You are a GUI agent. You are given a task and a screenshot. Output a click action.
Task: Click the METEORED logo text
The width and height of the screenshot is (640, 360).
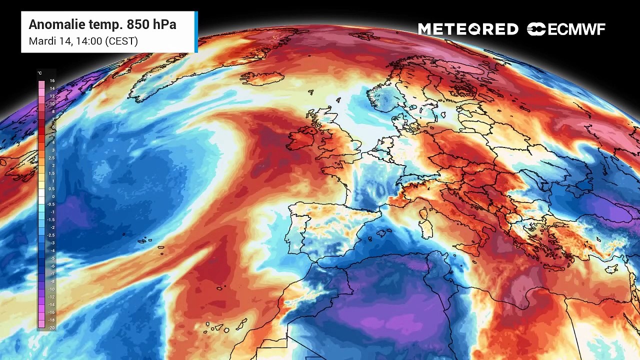point(468,29)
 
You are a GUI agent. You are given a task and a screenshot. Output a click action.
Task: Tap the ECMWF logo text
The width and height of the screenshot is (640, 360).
point(576,29)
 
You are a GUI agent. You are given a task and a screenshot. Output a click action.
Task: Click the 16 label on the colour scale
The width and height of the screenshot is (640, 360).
point(52,80)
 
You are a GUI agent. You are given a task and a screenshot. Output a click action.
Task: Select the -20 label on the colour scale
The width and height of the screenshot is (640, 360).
point(52,327)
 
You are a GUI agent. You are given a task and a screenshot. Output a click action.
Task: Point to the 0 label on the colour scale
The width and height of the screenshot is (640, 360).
point(52,196)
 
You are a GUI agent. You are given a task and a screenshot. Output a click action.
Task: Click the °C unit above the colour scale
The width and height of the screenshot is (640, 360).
point(40,73)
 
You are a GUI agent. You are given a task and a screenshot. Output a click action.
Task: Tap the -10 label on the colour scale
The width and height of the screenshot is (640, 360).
point(51,289)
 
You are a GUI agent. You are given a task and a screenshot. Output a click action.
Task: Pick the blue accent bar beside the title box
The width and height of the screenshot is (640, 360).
point(196,31)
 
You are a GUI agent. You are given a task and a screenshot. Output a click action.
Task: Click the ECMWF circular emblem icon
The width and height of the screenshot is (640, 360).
point(536,29)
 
